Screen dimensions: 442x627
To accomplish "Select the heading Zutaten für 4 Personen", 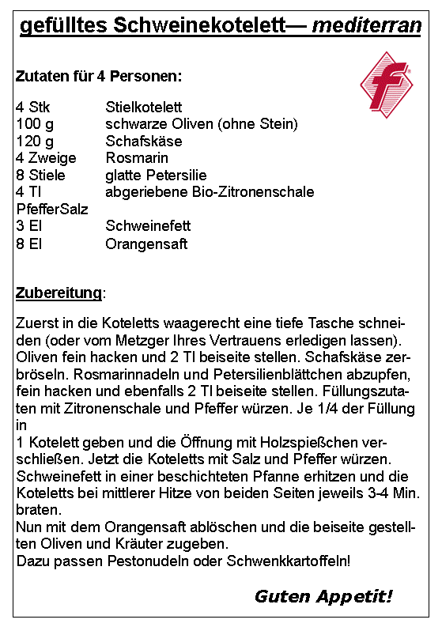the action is (x=99, y=77).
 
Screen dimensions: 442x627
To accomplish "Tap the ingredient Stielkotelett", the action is (x=144, y=107).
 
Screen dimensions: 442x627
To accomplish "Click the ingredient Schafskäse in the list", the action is (x=144, y=142).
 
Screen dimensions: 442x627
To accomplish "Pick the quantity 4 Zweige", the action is (x=46, y=158).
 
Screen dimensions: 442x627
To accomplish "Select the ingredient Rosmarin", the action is (x=137, y=158).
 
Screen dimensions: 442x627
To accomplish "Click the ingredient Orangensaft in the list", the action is (x=146, y=244).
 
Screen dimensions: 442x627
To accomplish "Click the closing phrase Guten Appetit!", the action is (x=323, y=595).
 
